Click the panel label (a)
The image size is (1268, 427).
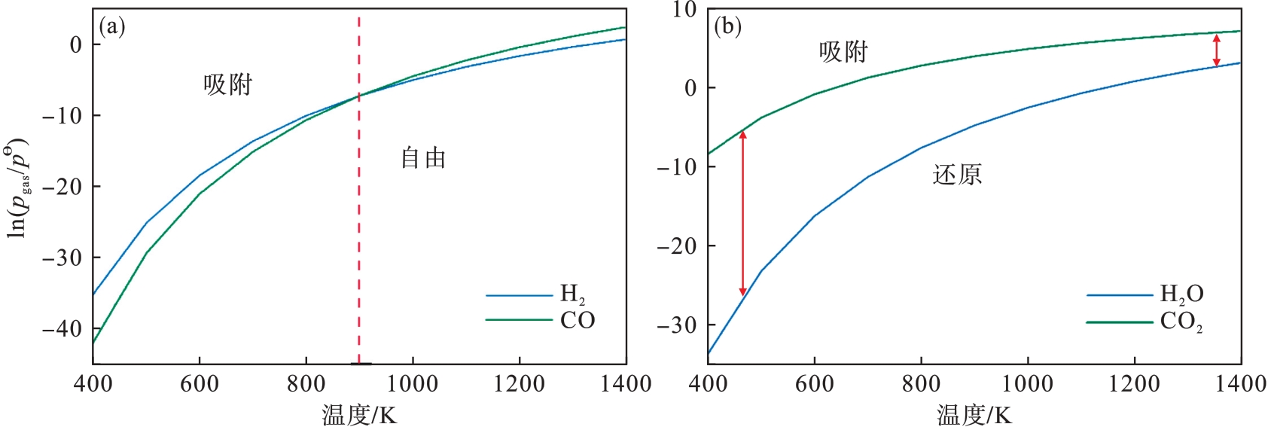point(112,27)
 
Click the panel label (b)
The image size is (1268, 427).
point(727,27)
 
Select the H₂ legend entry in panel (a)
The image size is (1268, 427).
point(572,294)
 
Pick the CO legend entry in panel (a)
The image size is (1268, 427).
point(578,321)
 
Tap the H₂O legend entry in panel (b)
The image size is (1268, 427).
point(1181,294)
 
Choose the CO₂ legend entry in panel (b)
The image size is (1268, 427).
point(1181,322)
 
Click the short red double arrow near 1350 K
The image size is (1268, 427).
point(1216,50)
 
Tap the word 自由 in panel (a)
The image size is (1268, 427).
point(423,158)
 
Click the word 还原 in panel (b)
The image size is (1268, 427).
point(957,175)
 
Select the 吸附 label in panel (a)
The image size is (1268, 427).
point(227,84)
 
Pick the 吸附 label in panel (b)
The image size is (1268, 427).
point(843,52)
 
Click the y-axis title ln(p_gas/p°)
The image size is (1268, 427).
point(17,188)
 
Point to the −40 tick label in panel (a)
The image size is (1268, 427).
point(62,329)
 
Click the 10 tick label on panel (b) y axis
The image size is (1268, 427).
point(684,10)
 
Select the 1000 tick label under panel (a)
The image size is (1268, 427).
point(413,384)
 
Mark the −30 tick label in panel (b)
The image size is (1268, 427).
point(677,325)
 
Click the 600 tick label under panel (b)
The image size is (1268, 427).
point(814,384)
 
